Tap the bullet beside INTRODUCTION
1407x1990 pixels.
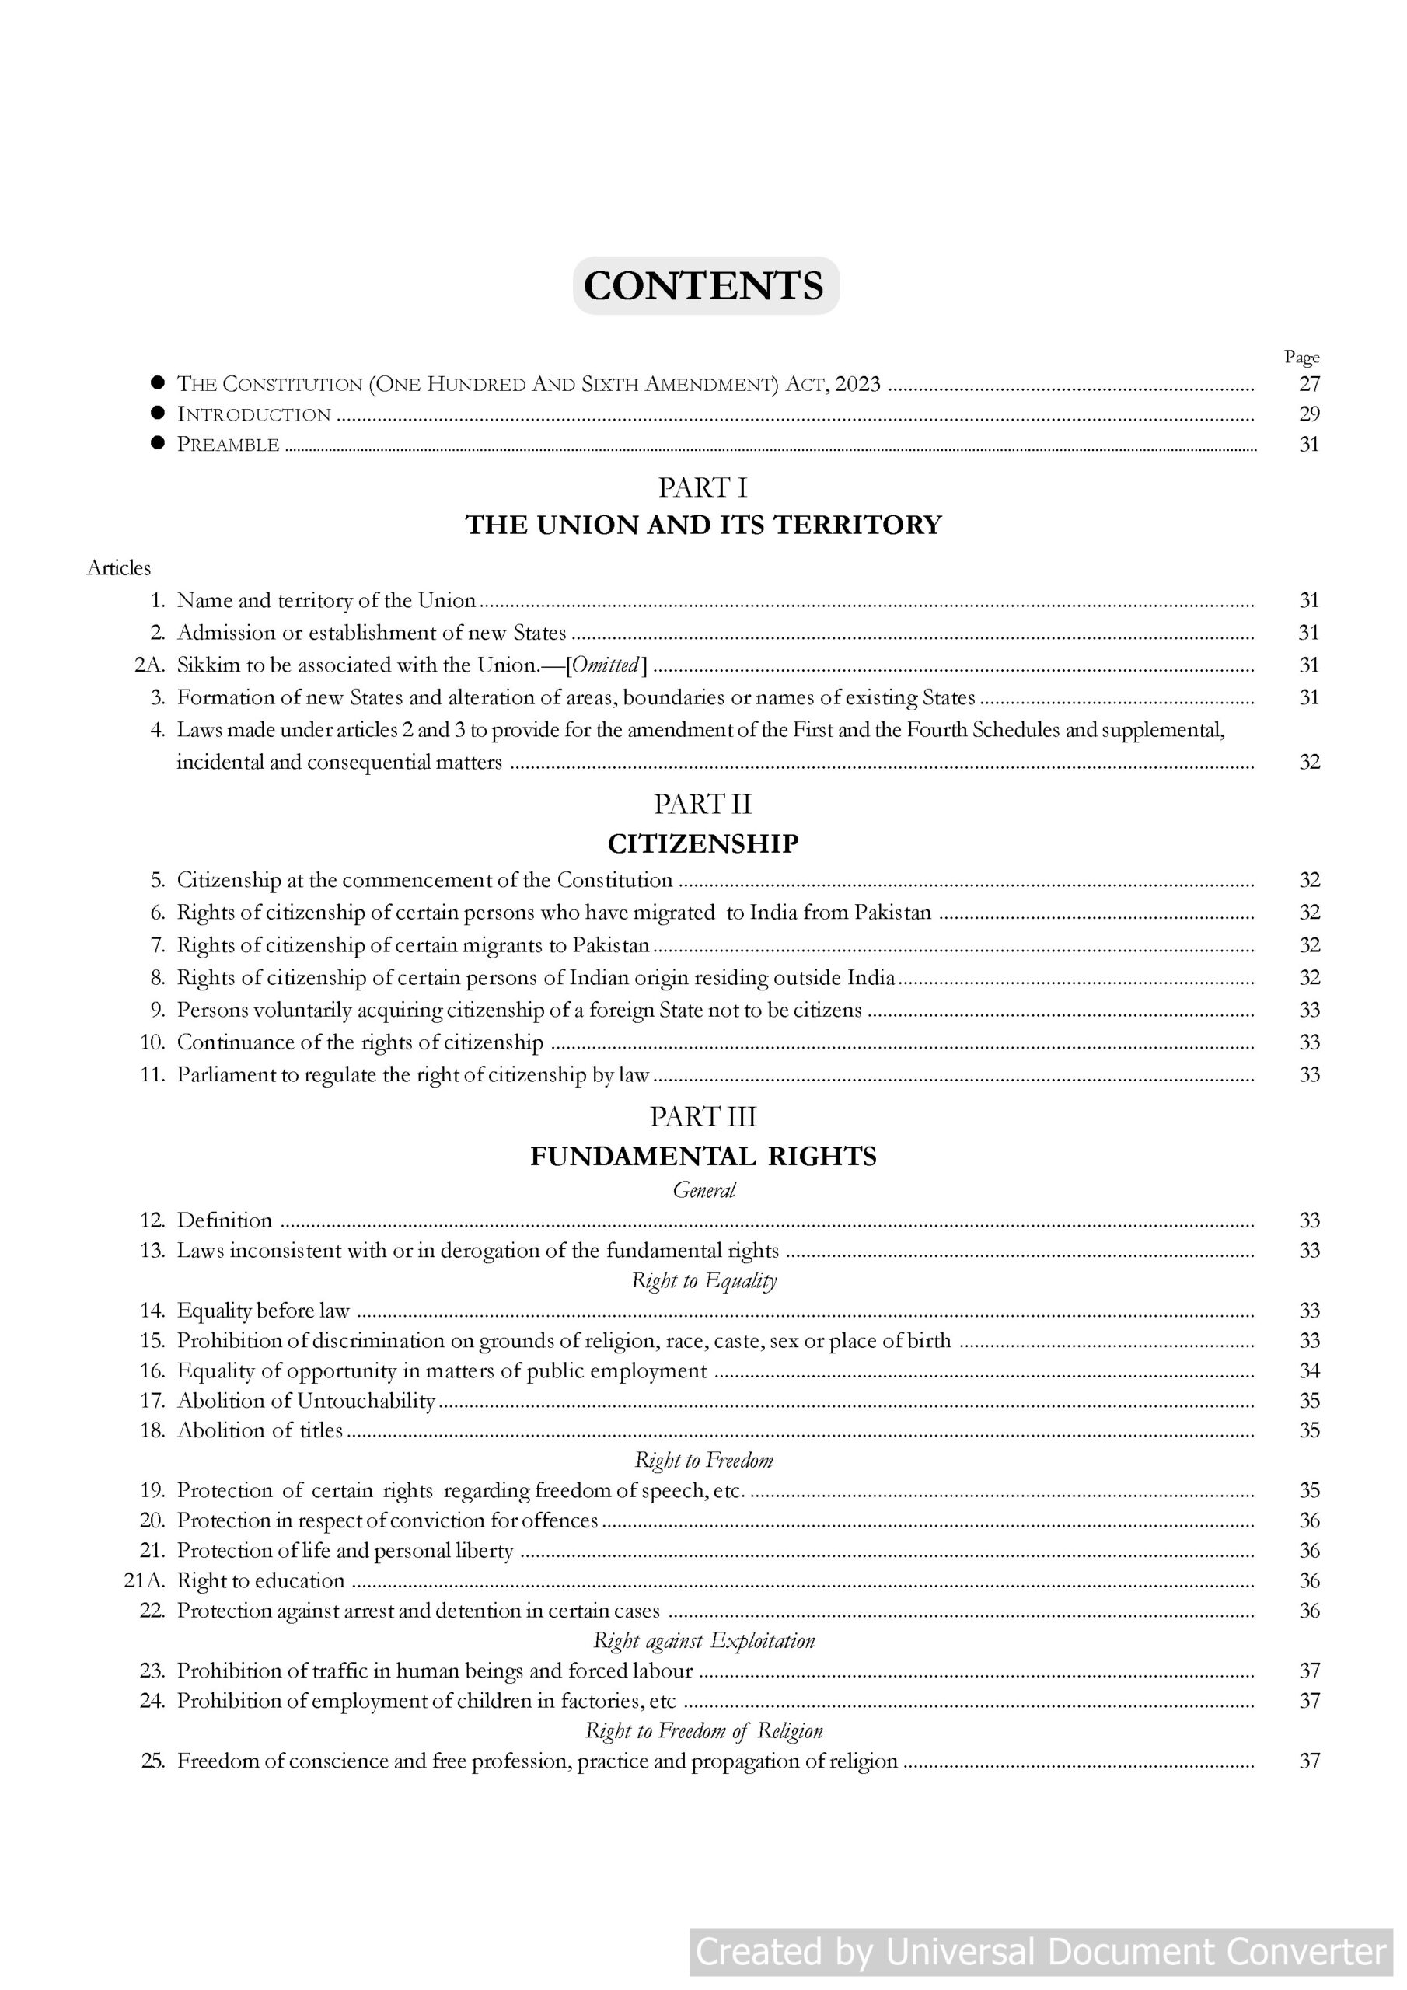pyautogui.click(x=158, y=413)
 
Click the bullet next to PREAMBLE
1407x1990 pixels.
pyautogui.click(x=158, y=443)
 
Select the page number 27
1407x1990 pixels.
pyautogui.click(x=1309, y=384)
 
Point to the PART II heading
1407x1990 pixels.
pyautogui.click(x=703, y=805)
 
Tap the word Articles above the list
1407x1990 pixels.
pyautogui.click(x=119, y=568)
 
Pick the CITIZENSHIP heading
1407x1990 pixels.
pyautogui.click(x=703, y=843)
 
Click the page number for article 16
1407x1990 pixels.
pyautogui.click(x=1309, y=1370)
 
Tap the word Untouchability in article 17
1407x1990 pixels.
pyautogui.click(x=365, y=1401)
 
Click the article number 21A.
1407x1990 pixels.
pyautogui.click(x=145, y=1580)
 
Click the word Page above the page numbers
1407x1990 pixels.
pyautogui.click(x=1301, y=357)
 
